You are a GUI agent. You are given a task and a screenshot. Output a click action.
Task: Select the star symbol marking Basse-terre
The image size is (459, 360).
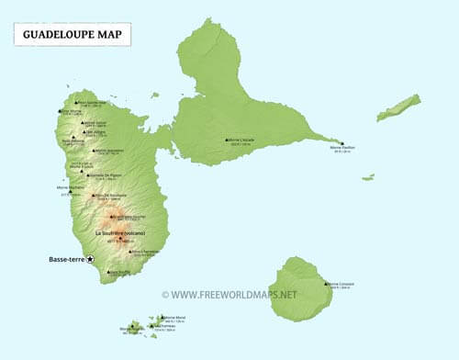(91, 260)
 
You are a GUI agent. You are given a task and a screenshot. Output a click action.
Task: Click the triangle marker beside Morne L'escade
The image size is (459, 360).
(228, 140)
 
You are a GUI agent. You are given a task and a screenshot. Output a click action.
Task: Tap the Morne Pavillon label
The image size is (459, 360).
(343, 147)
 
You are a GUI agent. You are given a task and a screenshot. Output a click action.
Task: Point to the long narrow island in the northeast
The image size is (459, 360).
(398, 107)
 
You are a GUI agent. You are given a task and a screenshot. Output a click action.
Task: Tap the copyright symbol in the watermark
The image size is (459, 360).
(165, 295)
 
